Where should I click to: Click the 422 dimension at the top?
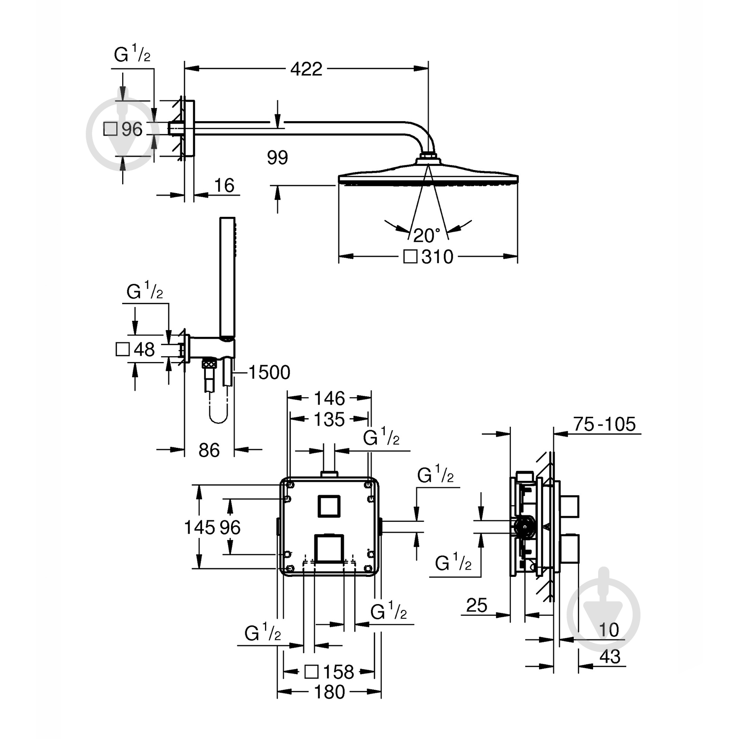pos(306,69)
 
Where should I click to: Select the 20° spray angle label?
pos(427,235)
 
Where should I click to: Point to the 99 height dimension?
pos(277,158)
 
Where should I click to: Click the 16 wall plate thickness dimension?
pos(224,186)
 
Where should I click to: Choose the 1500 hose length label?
pos(269,372)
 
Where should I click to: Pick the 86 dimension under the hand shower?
pos(209,450)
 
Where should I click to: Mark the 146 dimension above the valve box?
pos(330,398)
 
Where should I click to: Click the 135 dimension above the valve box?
pos(330,420)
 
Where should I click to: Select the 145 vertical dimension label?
pos(199,528)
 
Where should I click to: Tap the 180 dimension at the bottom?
pos(330,692)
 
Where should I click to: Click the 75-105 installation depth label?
pos(605,424)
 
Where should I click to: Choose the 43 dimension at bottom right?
pos(610,657)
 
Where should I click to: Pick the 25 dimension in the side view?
pos(476,605)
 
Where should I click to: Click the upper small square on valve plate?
pos(329,505)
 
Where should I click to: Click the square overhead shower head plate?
pos(428,178)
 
